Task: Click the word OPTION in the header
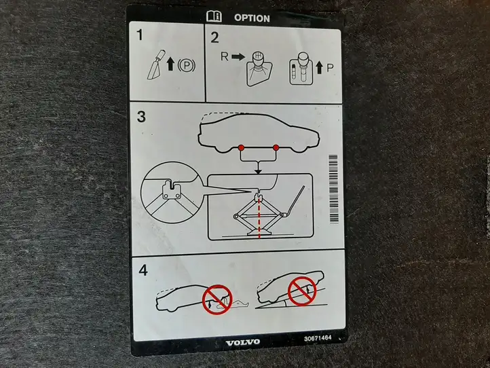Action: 252,18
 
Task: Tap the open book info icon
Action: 214,16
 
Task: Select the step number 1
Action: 140,35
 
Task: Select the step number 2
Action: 214,37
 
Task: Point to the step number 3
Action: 141,117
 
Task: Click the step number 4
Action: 143,270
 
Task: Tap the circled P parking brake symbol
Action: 187,66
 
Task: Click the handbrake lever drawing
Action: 157,65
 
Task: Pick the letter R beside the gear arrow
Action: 225,56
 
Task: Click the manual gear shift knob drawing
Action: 259,69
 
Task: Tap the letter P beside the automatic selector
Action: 330,68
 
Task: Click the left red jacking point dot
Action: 241,147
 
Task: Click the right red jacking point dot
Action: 276,147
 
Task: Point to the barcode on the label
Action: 334,189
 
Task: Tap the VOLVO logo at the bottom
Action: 243,342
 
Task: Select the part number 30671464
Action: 318,338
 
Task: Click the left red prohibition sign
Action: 217,299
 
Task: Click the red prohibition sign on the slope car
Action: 302,291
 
